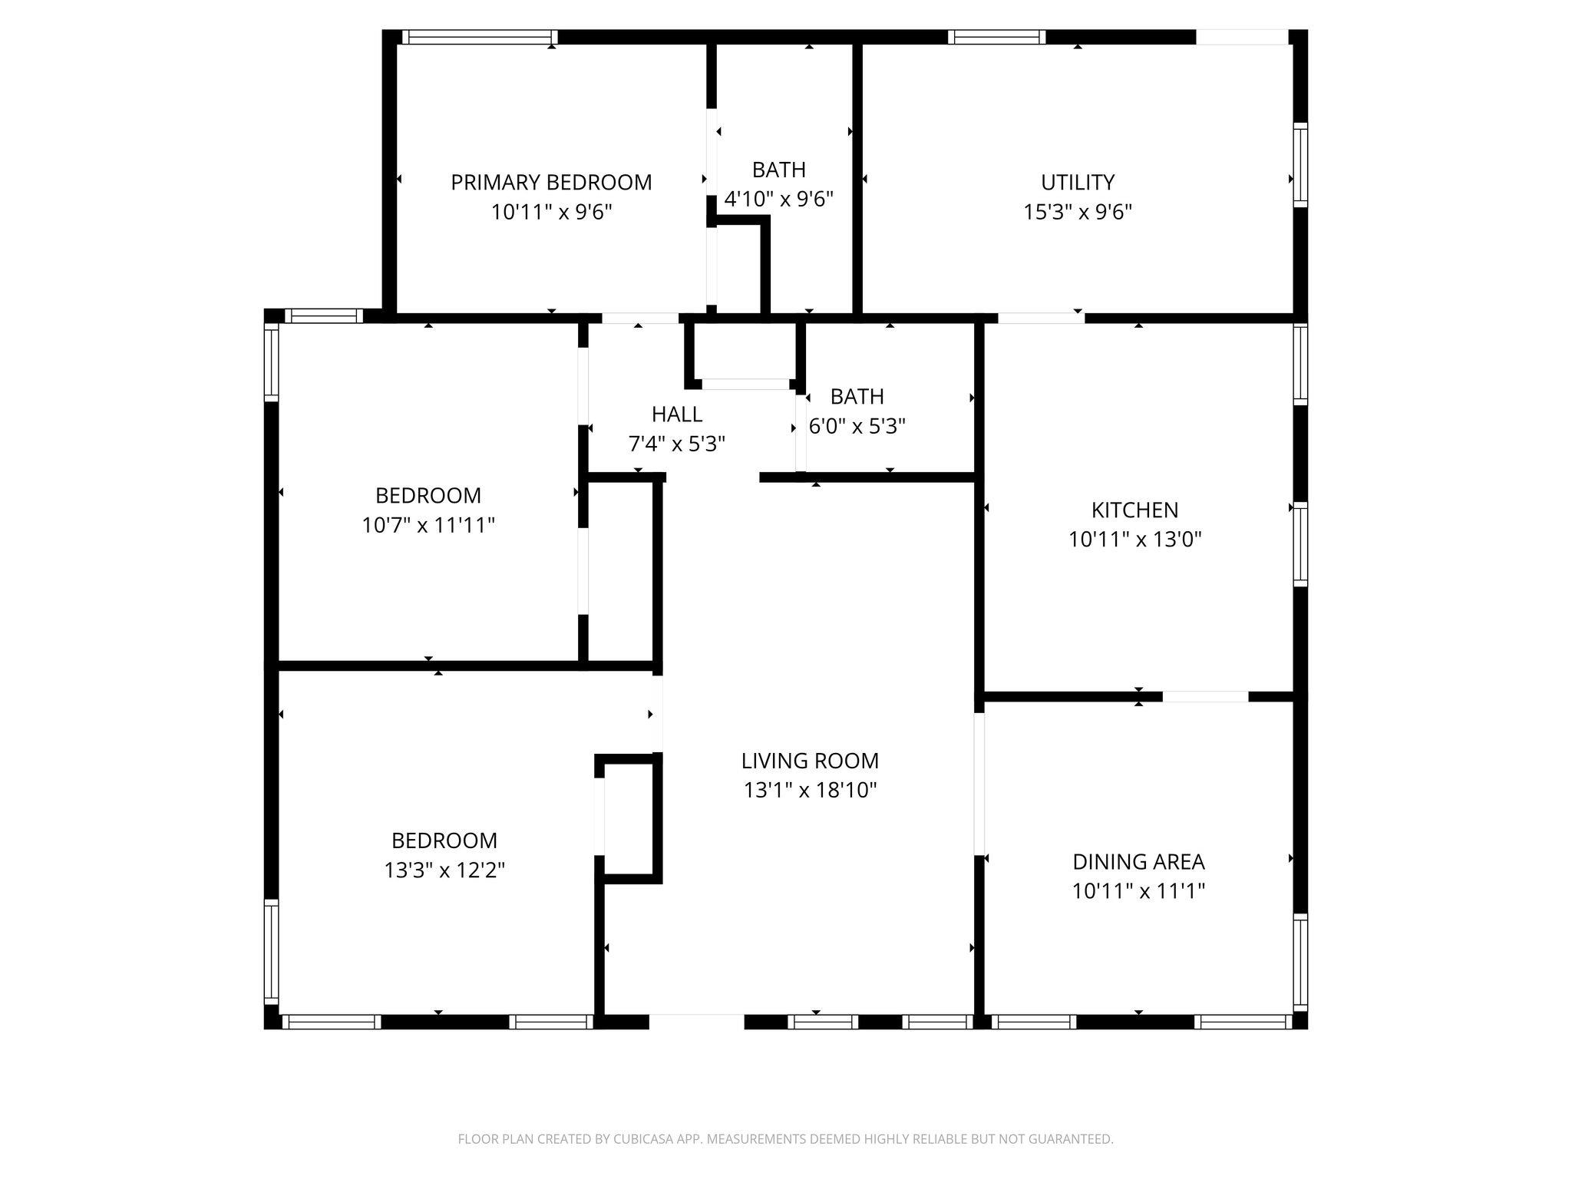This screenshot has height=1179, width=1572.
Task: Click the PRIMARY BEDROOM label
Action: pyautogui.click(x=551, y=183)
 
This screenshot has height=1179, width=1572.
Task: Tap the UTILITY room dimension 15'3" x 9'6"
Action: pyautogui.click(x=1078, y=212)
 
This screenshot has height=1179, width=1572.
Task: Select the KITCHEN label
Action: pyautogui.click(x=1134, y=510)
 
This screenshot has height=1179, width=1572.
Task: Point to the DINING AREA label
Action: pyautogui.click(x=1138, y=862)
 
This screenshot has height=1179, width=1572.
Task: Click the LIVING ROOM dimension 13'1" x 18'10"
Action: pyautogui.click(x=810, y=790)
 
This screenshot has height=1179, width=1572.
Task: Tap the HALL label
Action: pyautogui.click(x=676, y=414)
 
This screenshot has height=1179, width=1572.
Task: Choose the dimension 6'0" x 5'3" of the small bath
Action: pyautogui.click(x=857, y=426)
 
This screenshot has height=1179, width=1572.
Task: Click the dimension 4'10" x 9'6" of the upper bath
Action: pyautogui.click(x=778, y=200)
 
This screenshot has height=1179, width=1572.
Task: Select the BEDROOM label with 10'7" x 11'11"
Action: pyautogui.click(x=428, y=495)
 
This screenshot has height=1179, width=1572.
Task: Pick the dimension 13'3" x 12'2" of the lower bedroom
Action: pyautogui.click(x=444, y=870)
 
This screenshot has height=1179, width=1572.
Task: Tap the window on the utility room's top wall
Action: pyautogui.click(x=996, y=37)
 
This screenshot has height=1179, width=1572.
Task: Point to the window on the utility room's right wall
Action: pyautogui.click(x=1300, y=165)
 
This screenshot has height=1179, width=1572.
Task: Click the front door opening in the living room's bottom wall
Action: pyautogui.click(x=696, y=1022)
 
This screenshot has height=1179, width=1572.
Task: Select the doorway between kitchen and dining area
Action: pyautogui.click(x=1205, y=697)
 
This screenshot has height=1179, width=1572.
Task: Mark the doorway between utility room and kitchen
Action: pyautogui.click(x=1040, y=318)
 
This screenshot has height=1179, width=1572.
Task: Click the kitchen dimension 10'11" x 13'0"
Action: pyautogui.click(x=1134, y=540)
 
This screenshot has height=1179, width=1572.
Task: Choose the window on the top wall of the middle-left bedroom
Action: pyautogui.click(x=323, y=315)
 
